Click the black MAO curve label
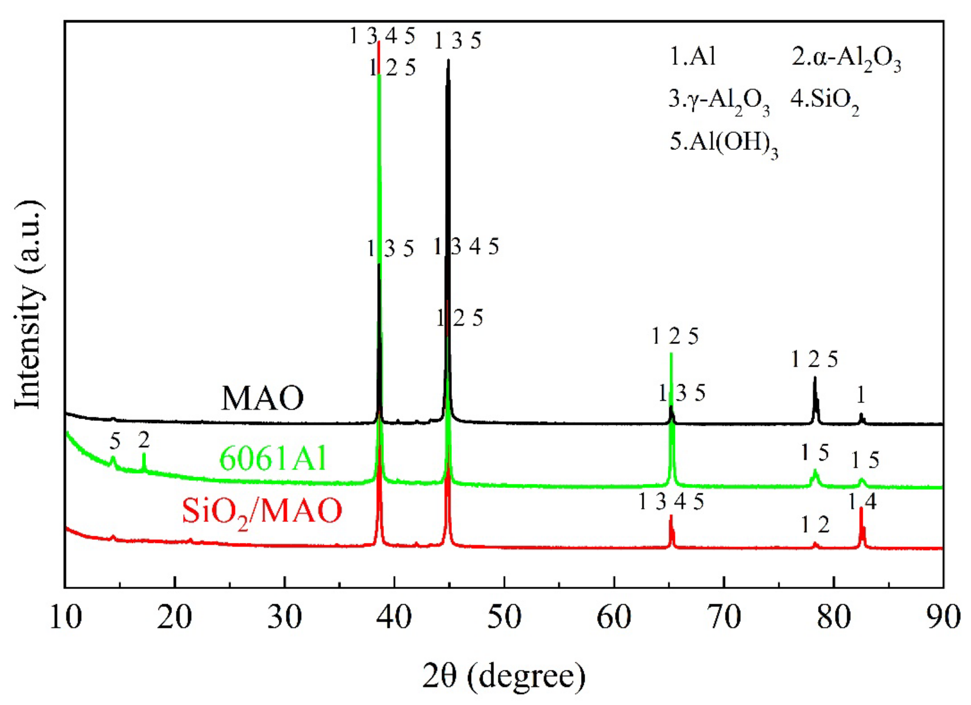262,398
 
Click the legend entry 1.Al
692,56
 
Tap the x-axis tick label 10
66,618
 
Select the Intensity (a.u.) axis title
29,305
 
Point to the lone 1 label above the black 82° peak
861,395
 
